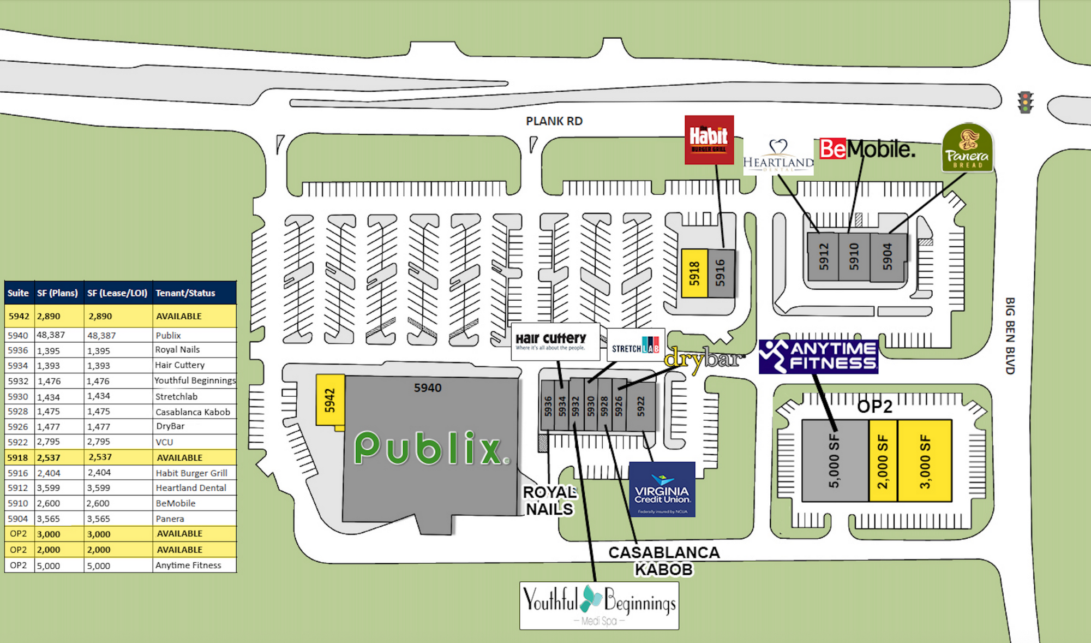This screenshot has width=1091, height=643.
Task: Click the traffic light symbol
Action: click(1026, 103)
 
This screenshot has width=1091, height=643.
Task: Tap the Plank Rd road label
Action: click(554, 121)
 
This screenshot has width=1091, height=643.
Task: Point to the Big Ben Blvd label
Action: click(1010, 336)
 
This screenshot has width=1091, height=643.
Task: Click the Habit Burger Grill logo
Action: click(709, 140)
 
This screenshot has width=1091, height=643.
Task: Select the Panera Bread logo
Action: click(967, 147)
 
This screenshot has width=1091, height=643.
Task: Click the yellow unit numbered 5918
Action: click(694, 273)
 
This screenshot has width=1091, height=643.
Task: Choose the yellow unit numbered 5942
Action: click(330, 400)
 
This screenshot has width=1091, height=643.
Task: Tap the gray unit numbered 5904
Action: click(888, 257)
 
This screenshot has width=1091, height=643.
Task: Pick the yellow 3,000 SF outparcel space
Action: click(925, 461)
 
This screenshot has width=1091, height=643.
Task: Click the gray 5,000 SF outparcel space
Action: click(834, 461)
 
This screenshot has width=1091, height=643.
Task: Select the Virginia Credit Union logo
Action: click(662, 490)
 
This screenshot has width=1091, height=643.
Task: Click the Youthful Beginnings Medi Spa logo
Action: click(599, 605)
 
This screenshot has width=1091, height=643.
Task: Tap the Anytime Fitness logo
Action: click(818, 356)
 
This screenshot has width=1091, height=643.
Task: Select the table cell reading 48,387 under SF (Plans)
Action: click(51, 335)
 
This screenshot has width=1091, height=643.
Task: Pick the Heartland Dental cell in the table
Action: click(191, 488)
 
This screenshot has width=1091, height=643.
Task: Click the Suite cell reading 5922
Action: click(18, 442)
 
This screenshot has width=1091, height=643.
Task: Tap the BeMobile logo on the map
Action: click(867, 149)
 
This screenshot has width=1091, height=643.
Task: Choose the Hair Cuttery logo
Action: click(551, 341)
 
